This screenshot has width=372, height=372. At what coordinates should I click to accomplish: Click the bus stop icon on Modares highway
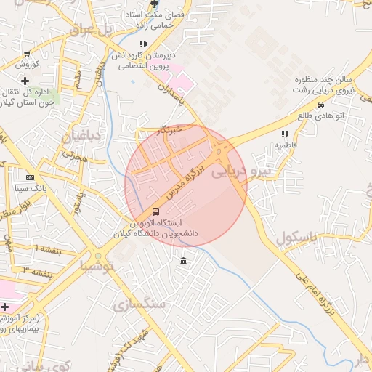pyautogui.click(x=155, y=211)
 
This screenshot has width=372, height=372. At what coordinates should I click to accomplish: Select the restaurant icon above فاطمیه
pyautogui.click(x=285, y=134)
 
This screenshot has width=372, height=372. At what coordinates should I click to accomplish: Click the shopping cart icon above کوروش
pyautogui.click(x=27, y=53)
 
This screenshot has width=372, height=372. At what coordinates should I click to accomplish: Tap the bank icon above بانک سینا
pyautogui.click(x=30, y=177)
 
